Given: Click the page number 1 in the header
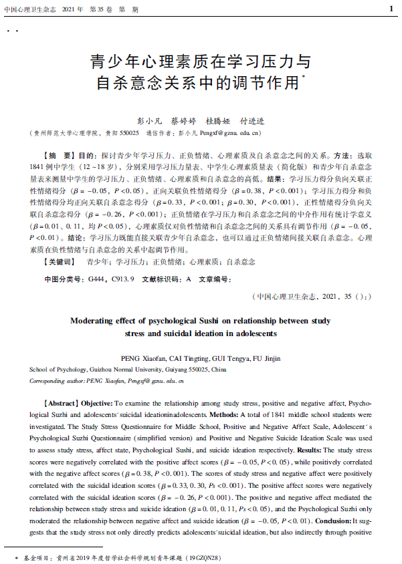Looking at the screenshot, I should pos(391,9).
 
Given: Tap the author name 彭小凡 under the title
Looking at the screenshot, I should pos(150,121).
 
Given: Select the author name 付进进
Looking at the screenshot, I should pos(254,121).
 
